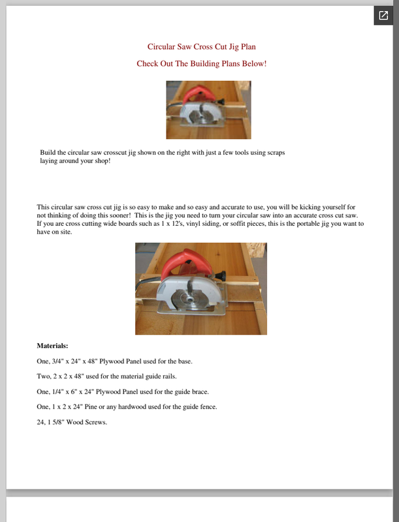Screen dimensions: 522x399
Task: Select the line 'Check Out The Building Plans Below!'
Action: [201, 63]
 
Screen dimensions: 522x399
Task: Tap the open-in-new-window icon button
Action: [383, 15]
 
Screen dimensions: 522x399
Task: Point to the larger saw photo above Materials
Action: [200, 288]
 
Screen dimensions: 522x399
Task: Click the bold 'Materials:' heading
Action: [52, 346]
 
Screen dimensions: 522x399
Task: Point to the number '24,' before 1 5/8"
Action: [42, 422]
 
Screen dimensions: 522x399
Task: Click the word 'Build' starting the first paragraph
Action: [48, 151]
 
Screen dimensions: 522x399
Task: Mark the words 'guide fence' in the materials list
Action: [198, 407]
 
